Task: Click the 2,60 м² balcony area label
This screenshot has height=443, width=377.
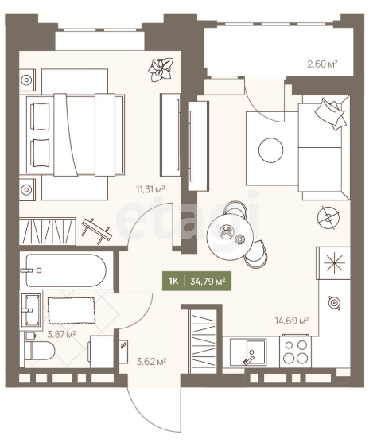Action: [322, 64]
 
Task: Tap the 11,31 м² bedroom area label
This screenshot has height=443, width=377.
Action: [150, 188]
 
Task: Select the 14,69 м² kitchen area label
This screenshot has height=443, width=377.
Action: [292, 321]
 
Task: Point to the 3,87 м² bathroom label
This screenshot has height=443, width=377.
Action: [61, 335]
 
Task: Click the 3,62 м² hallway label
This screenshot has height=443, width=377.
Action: [151, 361]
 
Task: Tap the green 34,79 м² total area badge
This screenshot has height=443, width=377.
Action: [196, 281]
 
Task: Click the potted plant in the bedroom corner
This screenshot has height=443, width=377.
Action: [161, 69]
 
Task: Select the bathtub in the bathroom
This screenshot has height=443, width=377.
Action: [66, 270]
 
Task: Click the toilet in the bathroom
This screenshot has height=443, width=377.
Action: [39, 350]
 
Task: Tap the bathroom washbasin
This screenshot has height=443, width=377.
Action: [30, 310]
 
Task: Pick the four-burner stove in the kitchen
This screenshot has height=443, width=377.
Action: [295, 352]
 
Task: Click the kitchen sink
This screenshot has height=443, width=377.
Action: [248, 352]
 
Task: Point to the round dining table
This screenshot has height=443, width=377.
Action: [230, 235]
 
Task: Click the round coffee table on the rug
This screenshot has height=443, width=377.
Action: [270, 150]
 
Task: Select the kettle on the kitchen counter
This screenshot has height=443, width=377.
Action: [335, 303]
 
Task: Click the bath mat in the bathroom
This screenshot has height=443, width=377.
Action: [72, 310]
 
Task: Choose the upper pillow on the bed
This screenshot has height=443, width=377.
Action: [40, 117]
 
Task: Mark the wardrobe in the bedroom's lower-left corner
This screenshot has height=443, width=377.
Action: [48, 231]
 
